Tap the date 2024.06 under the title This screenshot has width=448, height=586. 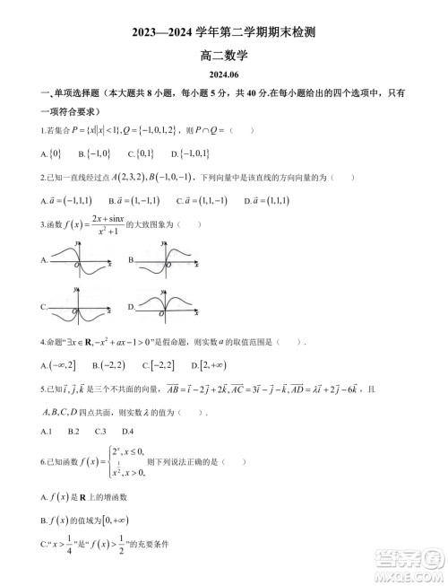pos(223,75)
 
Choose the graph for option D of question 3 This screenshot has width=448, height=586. pos(168,310)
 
